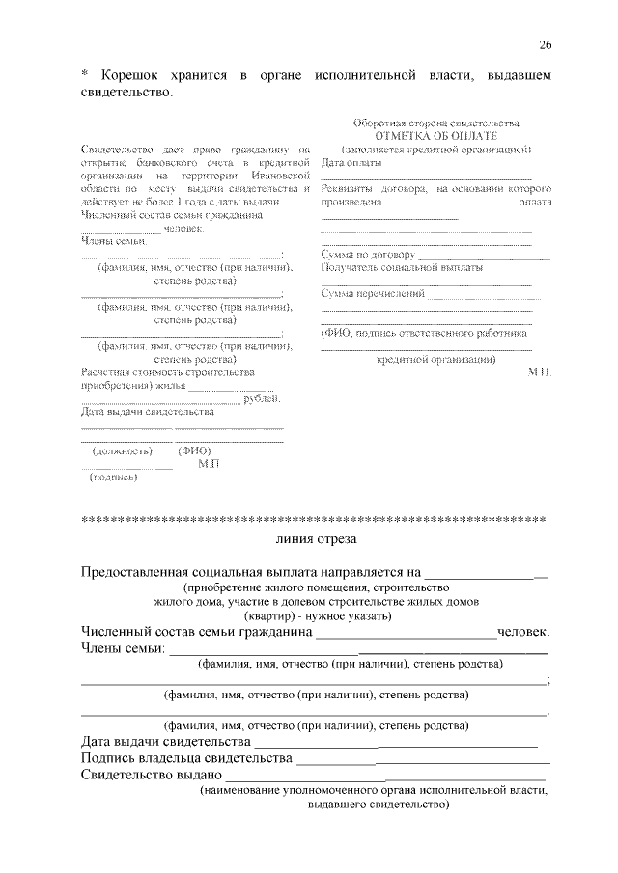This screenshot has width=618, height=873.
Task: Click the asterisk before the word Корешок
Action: pos(84,76)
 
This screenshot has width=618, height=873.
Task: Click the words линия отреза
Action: pos(315,537)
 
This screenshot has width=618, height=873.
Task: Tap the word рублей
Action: pos(264,397)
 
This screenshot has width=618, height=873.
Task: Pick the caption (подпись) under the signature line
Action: pos(113,477)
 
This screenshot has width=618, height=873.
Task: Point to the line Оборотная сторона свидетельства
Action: pos(435,123)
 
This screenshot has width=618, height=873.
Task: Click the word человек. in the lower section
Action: pos(524,633)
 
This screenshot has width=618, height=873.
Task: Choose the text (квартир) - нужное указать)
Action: pos(316,614)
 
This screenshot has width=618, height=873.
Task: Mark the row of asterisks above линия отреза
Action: pos(315,519)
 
